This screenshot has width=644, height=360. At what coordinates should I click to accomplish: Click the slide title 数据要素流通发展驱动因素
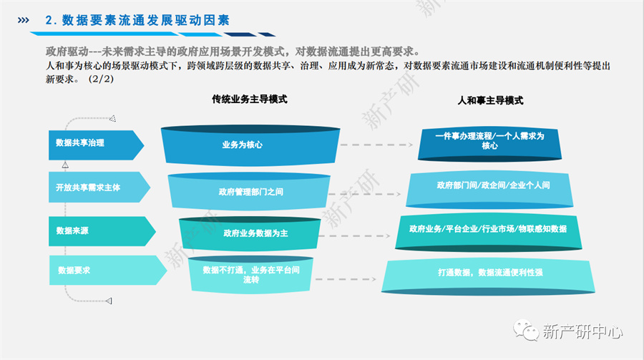(x=137, y=20)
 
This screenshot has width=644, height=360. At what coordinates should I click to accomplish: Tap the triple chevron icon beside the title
(x=24, y=20)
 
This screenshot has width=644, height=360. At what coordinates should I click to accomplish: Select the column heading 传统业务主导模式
(x=249, y=99)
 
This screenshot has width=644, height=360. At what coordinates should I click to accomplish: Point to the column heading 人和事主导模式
(x=490, y=100)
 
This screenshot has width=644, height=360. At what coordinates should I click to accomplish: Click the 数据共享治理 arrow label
(x=96, y=145)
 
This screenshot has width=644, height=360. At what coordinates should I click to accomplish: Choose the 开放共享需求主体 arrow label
(x=99, y=187)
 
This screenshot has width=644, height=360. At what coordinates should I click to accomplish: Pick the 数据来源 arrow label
(x=102, y=231)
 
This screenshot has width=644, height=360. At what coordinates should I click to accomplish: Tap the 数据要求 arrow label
(x=108, y=270)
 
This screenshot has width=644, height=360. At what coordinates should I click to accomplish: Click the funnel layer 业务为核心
(x=250, y=145)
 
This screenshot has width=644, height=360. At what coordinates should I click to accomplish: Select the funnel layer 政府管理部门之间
(x=249, y=192)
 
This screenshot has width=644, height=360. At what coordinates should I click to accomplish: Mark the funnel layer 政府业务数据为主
(x=250, y=233)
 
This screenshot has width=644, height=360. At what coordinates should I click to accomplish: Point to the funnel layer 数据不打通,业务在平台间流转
(x=250, y=275)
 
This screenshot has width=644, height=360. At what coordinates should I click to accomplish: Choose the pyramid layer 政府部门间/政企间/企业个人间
(x=489, y=190)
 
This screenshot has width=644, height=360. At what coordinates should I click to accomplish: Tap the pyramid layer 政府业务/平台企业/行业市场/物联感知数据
(x=489, y=233)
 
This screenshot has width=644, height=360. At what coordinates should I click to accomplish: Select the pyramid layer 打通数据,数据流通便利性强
(x=488, y=277)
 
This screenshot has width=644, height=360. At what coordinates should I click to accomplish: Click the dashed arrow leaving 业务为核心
(x=376, y=145)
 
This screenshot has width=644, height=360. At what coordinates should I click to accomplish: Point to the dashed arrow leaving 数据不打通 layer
(x=346, y=279)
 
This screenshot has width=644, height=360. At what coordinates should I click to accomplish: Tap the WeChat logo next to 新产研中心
(x=526, y=331)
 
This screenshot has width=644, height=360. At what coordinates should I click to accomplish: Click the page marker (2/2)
(x=101, y=79)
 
